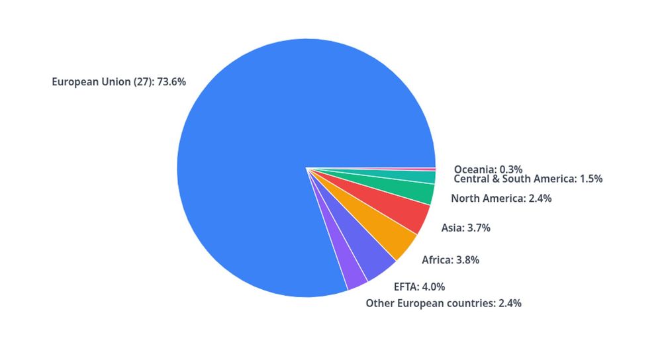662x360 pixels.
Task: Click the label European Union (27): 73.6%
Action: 119,83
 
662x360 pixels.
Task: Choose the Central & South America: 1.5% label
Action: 528,179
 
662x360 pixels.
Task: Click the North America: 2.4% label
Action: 501,199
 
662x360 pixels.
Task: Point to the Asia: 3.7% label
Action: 465,228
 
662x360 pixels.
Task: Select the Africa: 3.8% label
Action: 450,260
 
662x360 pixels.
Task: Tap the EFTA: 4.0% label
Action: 419,287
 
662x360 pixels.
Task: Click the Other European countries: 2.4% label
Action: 444,304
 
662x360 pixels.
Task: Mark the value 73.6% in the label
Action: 171,83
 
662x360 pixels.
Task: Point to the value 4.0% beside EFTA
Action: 432,287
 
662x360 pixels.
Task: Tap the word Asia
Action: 452,228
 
